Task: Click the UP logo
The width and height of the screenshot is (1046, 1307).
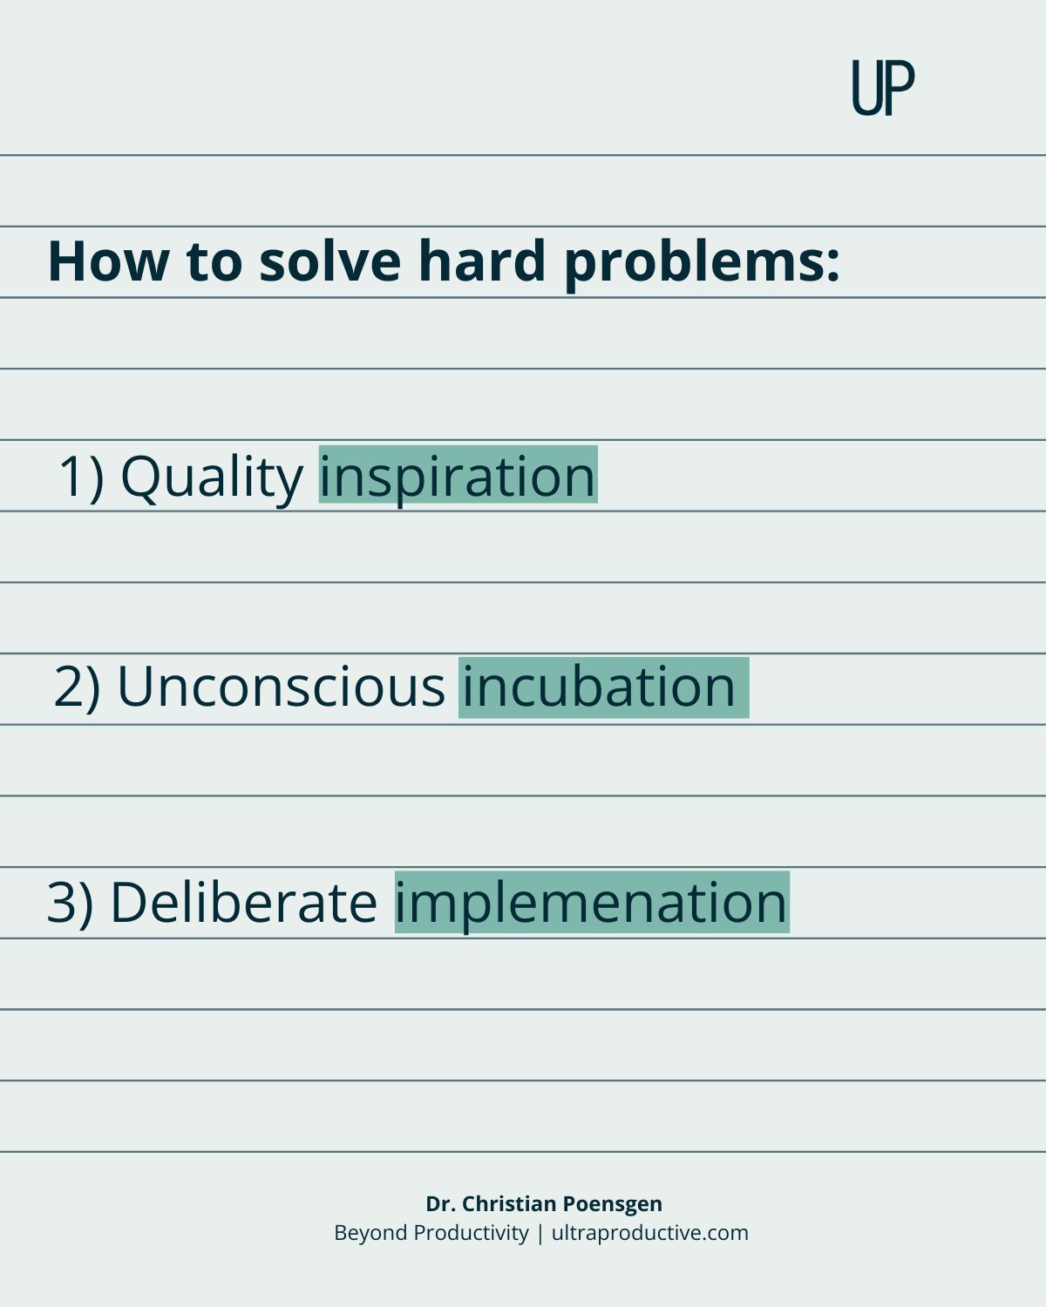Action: click(x=883, y=87)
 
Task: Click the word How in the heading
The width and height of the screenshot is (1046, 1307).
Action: click(x=109, y=261)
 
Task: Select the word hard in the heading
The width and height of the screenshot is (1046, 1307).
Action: click(x=482, y=261)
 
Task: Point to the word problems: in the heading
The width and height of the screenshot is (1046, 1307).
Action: click(x=702, y=265)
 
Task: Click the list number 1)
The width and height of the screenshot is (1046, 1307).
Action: click(x=81, y=477)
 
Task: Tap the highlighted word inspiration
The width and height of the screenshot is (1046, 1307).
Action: click(x=458, y=477)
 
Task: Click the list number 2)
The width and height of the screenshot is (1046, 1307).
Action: click(x=78, y=687)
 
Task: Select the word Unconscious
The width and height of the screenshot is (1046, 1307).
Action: click(x=282, y=687)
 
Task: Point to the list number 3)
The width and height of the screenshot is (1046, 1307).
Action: click(x=70, y=903)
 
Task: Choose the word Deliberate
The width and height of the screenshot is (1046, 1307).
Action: click(x=244, y=902)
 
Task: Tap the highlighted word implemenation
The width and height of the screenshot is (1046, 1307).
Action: click(x=591, y=903)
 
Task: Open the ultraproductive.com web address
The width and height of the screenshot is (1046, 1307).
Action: click(x=649, y=1234)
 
